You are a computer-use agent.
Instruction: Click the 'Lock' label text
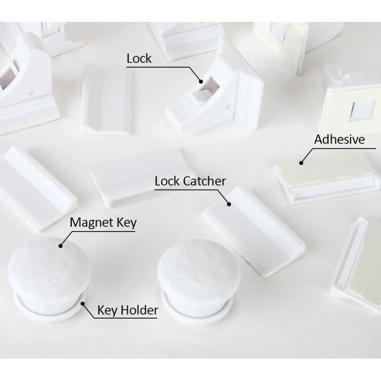pyautogui.click(x=139, y=59)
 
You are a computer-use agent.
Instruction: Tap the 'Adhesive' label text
pyautogui.click(x=340, y=140)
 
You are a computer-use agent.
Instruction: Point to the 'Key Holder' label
pyautogui.click(x=128, y=311)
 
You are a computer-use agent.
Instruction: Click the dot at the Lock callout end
pyautogui.click(x=201, y=81)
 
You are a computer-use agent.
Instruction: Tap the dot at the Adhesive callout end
pyautogui.click(x=301, y=163)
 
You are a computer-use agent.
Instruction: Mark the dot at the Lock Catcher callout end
pyautogui.click(x=229, y=204)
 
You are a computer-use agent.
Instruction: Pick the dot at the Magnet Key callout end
pyautogui.click(x=60, y=246)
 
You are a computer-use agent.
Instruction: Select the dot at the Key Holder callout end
pyautogui.click(x=83, y=303)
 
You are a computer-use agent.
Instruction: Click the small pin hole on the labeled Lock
pyautogui.click(x=228, y=106)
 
